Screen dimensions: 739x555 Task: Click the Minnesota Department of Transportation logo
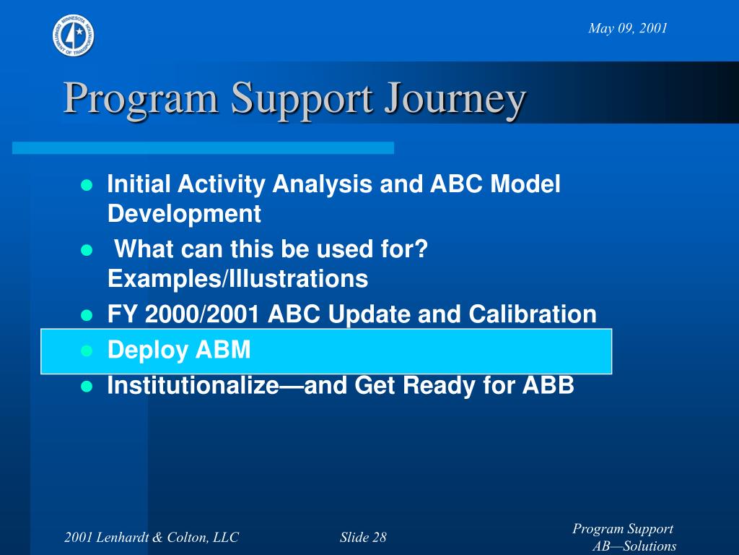pos(74,35)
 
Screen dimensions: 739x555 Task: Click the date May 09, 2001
pos(628,28)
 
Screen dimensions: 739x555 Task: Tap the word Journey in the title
pos(455,99)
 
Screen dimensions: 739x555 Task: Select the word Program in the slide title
pos(141,99)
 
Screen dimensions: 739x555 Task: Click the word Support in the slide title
pos(302,99)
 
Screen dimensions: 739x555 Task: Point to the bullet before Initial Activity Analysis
pos(87,185)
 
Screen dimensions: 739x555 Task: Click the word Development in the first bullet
pos(184,214)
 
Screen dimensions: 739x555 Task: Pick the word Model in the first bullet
pos(525,184)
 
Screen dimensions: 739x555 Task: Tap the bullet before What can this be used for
pos(87,249)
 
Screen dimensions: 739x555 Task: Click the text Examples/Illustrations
pos(238,278)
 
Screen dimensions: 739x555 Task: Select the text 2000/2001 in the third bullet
pos(202,314)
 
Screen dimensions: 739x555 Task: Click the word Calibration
pos(533,314)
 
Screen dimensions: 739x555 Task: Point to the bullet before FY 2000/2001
pos(87,315)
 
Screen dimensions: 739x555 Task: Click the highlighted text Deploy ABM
pos(179,350)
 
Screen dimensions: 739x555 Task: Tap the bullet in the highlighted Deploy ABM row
pos(87,350)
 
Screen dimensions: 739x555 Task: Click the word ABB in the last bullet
pos(548,385)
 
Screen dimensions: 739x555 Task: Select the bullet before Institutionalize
pos(87,387)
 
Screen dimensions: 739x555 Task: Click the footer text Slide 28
pos(363,537)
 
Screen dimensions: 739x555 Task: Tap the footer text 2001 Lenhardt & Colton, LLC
pos(152,537)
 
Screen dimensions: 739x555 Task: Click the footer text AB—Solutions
pos(634,546)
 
